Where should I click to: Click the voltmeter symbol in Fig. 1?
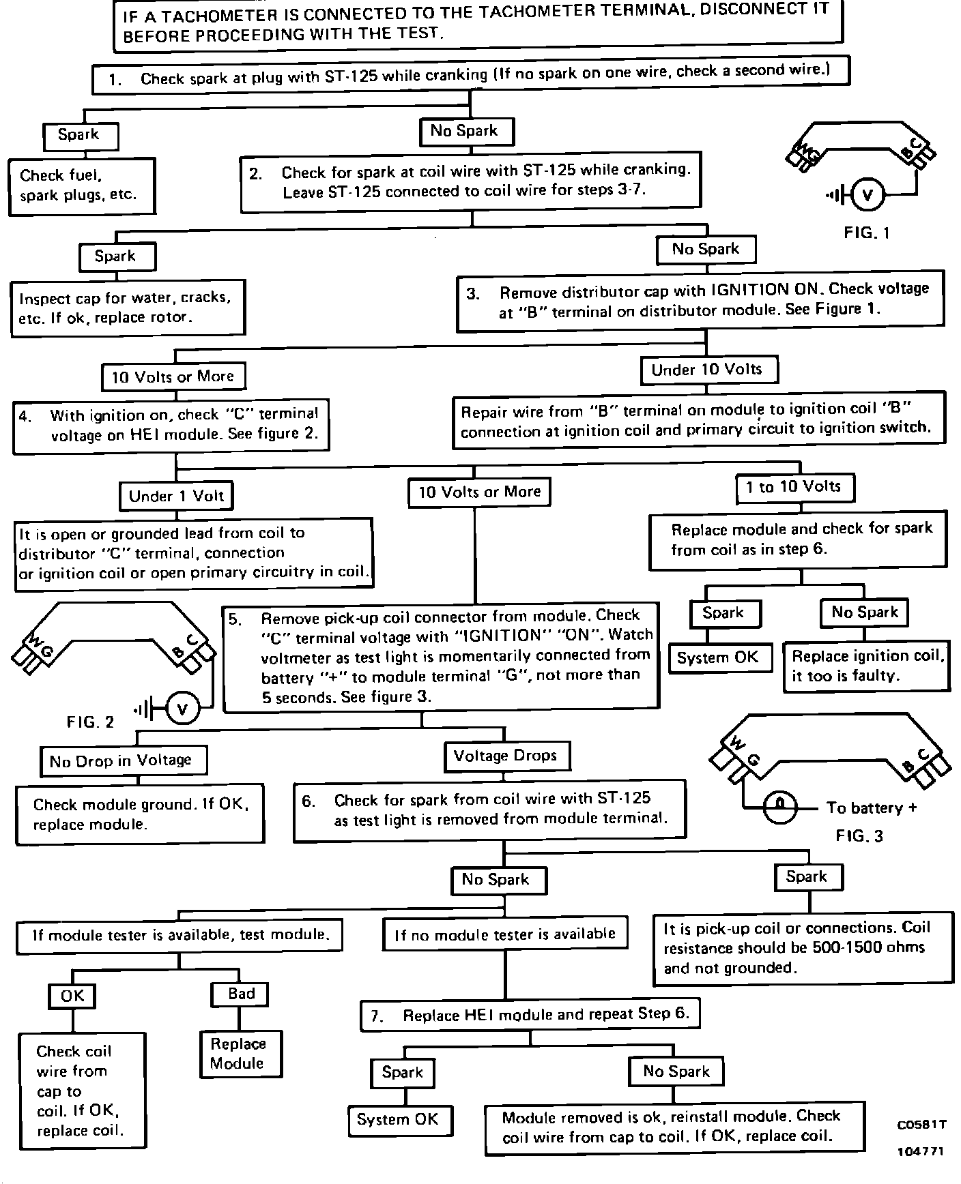click(x=867, y=196)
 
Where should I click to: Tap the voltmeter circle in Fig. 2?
click(x=182, y=710)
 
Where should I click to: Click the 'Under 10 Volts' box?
click(x=708, y=370)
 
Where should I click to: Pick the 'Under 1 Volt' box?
click(x=176, y=496)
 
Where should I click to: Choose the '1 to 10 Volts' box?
click(x=794, y=487)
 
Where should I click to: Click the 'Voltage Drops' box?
click(x=506, y=756)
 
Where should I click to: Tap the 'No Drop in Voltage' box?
click(x=121, y=760)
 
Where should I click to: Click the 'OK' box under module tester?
click(x=72, y=996)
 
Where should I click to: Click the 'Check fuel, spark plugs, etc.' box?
click(x=81, y=186)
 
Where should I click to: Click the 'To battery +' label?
click(x=872, y=808)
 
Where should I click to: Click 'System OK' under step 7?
click(x=398, y=1120)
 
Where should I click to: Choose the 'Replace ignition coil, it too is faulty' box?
click(x=866, y=666)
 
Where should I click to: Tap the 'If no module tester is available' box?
click(x=505, y=934)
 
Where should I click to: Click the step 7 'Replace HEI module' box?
click(x=530, y=1015)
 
